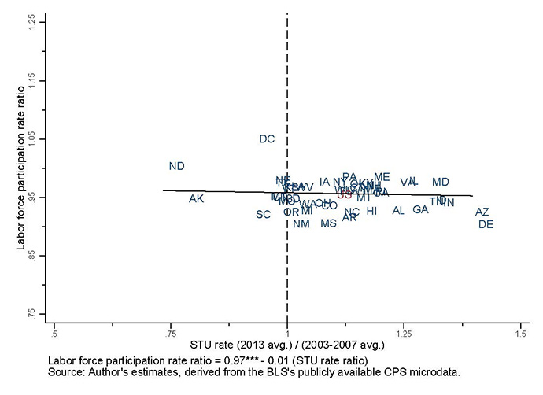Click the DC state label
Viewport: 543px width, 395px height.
267,139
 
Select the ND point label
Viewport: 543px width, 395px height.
177,166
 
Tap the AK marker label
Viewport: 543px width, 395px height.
197,198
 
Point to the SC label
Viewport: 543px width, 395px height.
263,214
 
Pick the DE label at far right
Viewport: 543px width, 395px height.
486,224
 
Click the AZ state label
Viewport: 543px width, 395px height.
482,212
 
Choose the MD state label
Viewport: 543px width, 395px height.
441,182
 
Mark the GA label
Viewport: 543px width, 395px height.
420,209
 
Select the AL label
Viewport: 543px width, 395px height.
398,210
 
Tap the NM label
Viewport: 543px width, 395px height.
301,223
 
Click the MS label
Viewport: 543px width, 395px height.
328,223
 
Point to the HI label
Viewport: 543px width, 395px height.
371,211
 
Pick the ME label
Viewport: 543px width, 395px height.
382,177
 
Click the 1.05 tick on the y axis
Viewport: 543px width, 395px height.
31,138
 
